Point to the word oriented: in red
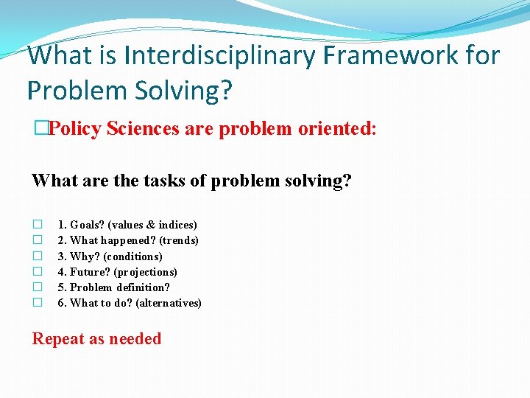pyautogui.click(x=337, y=128)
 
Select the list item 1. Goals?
pyautogui.click(x=81, y=225)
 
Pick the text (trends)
pyautogui.click(x=180, y=240)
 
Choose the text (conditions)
pyautogui.click(x=133, y=256)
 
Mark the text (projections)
pyautogui.click(x=147, y=272)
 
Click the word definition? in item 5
pyautogui.click(x=142, y=287)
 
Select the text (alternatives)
pyautogui.click(x=169, y=303)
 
